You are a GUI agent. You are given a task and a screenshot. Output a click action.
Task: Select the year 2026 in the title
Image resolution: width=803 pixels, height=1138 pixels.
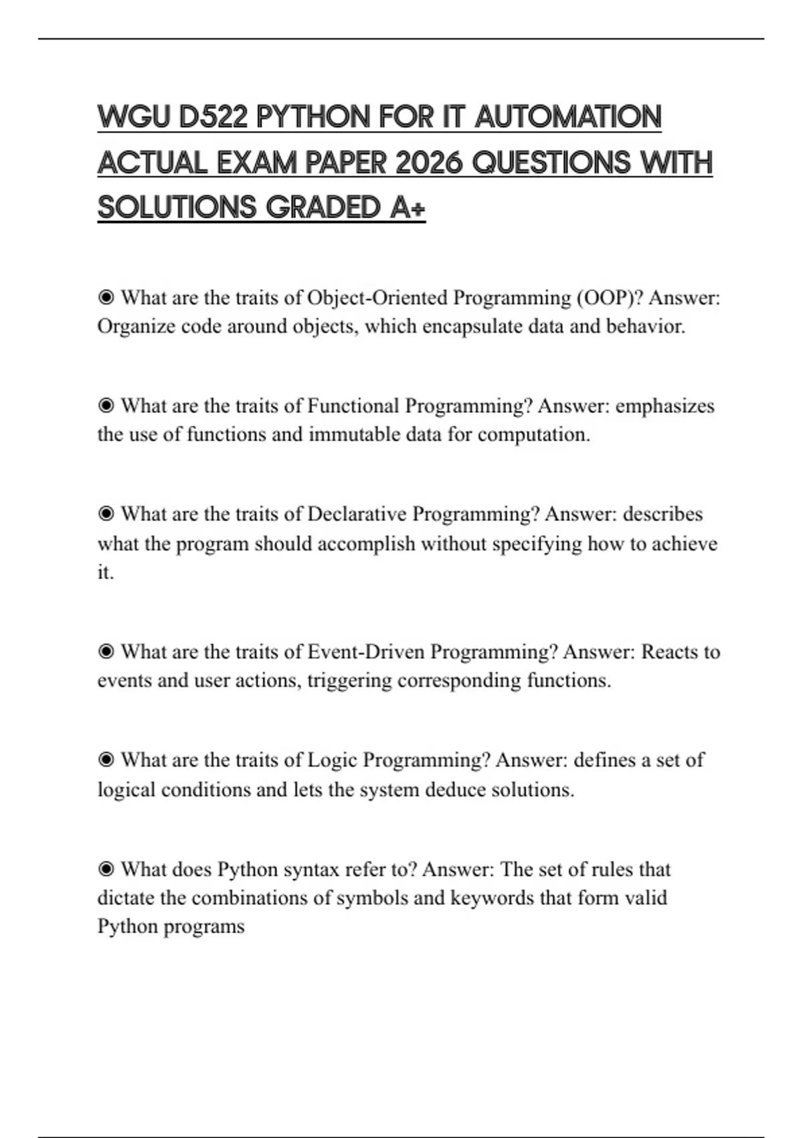point(429,163)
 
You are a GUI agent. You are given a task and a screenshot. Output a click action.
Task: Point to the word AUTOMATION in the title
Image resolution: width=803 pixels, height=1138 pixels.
point(568,117)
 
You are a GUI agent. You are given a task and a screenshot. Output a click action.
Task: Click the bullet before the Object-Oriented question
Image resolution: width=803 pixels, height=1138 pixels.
point(106,297)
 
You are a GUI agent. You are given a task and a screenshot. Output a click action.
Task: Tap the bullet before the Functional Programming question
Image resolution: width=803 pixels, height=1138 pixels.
point(106,406)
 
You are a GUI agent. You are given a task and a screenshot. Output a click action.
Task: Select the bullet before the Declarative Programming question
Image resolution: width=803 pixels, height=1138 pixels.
point(106,514)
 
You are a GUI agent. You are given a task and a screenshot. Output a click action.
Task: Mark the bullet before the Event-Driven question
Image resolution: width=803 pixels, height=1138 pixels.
point(106,651)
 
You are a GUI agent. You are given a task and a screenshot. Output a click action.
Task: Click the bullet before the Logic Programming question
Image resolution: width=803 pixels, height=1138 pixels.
point(106,760)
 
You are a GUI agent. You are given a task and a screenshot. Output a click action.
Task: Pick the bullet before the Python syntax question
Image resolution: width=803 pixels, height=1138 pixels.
point(106,869)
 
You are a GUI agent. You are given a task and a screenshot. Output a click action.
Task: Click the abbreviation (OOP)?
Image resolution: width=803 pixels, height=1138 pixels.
point(609,297)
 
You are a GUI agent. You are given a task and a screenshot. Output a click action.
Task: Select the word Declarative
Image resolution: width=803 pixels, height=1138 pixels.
point(357,514)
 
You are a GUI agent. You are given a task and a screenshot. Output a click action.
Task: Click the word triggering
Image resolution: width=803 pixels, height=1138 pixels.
point(349,681)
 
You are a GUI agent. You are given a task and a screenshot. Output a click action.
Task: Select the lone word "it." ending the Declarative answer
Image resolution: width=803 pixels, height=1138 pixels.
point(106,572)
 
